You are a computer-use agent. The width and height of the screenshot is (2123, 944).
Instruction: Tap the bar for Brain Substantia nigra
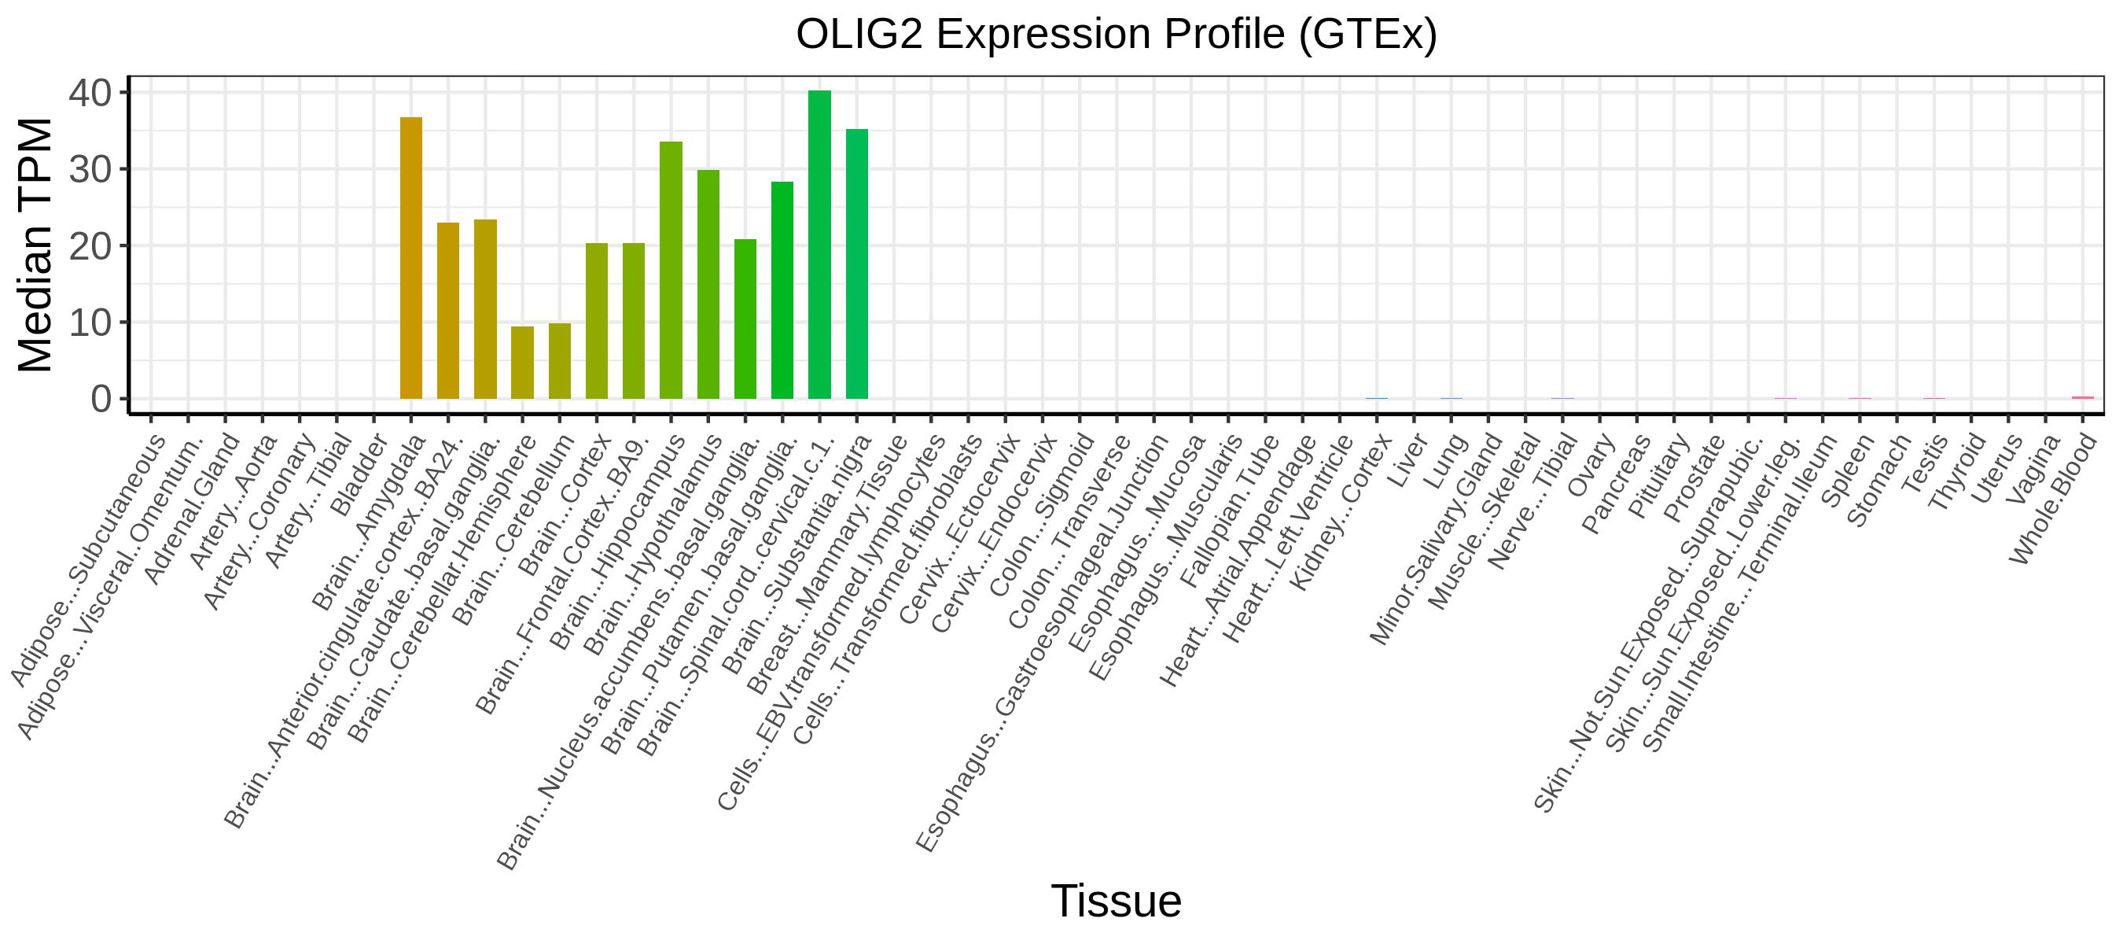856,264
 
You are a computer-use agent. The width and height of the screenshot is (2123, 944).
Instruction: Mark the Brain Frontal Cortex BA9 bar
634,321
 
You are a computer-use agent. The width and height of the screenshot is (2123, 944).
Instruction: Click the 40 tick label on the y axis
90,93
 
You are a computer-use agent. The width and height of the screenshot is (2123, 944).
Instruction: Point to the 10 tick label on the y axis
90,323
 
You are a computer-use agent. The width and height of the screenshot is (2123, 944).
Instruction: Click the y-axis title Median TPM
35,245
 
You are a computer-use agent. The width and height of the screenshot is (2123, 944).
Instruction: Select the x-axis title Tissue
1116,902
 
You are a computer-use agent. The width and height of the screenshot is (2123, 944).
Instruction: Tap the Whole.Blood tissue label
2053,499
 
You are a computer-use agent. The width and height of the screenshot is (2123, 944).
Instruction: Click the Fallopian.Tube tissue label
1230,511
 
